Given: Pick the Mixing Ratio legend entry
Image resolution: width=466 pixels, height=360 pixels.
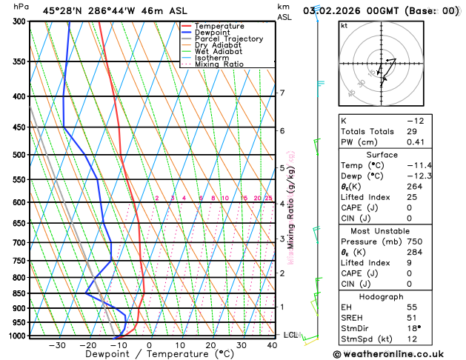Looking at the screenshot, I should [219, 64].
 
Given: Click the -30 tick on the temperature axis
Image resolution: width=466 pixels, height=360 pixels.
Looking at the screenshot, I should [57, 345].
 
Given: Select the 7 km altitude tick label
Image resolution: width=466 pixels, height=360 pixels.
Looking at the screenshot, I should [282, 93].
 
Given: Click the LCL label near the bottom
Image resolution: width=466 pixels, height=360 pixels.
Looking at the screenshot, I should [290, 335].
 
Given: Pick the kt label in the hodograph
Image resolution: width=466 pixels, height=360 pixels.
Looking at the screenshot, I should [344, 25].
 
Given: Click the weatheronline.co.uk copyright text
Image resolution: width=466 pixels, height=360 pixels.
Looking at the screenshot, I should [396, 354].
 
